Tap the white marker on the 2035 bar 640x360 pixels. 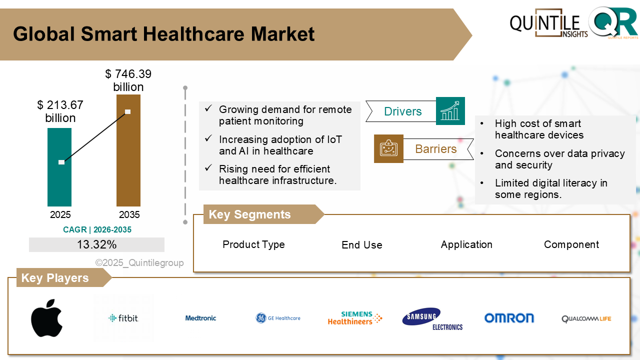pyautogui.click(x=128, y=111)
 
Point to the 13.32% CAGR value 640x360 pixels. pyautogui.click(x=96, y=244)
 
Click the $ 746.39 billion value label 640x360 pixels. pyautogui.click(x=128, y=80)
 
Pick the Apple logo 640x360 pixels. pyautogui.click(x=46, y=318)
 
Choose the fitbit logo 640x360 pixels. pyautogui.click(x=123, y=318)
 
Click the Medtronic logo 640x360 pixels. pyautogui.click(x=200, y=318)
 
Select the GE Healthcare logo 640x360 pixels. pyautogui.click(x=278, y=318)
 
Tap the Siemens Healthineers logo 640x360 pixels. pyautogui.click(x=355, y=318)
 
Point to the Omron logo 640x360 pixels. pyautogui.click(x=509, y=318)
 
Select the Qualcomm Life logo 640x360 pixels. pyautogui.click(x=586, y=318)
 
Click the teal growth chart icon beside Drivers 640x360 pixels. pyautogui.click(x=450, y=111)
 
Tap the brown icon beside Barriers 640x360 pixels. pyautogui.click(x=388, y=148)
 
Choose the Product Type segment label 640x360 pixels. pyautogui.click(x=253, y=244)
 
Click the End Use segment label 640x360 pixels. pyautogui.click(x=361, y=245)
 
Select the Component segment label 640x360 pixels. pyautogui.click(x=571, y=244)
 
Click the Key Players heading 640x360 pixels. pyautogui.click(x=55, y=278)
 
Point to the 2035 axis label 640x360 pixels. pyautogui.click(x=129, y=215)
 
